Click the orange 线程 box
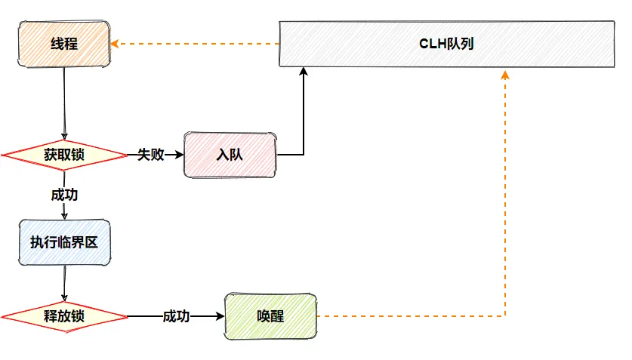click(64, 44)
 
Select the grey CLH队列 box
click(446, 44)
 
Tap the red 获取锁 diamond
click(64, 155)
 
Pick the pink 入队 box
click(230, 155)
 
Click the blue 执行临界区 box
click(64, 242)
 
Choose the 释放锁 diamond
click(64, 316)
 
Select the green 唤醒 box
click(270, 316)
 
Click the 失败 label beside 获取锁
click(150, 155)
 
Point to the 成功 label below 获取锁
click(64, 195)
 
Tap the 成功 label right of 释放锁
click(176, 316)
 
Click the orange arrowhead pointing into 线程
click(115, 44)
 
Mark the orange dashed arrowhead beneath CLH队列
click(505, 75)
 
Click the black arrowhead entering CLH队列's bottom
click(304, 72)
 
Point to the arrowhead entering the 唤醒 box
click(220, 316)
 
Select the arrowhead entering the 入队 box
click(180, 155)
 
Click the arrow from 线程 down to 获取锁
click(64, 103)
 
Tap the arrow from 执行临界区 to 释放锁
click(64, 284)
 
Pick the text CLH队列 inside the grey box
click(446, 44)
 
